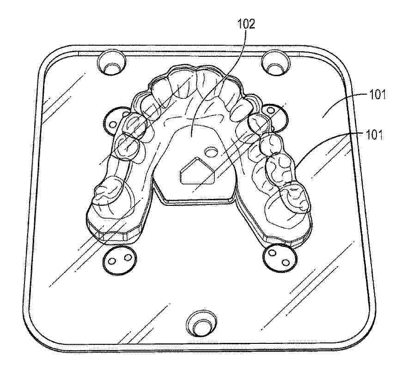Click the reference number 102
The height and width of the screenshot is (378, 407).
pos(246,24)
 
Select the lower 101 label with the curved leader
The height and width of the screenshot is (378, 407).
pos(374,135)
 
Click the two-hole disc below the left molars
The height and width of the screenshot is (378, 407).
pos(119,260)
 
